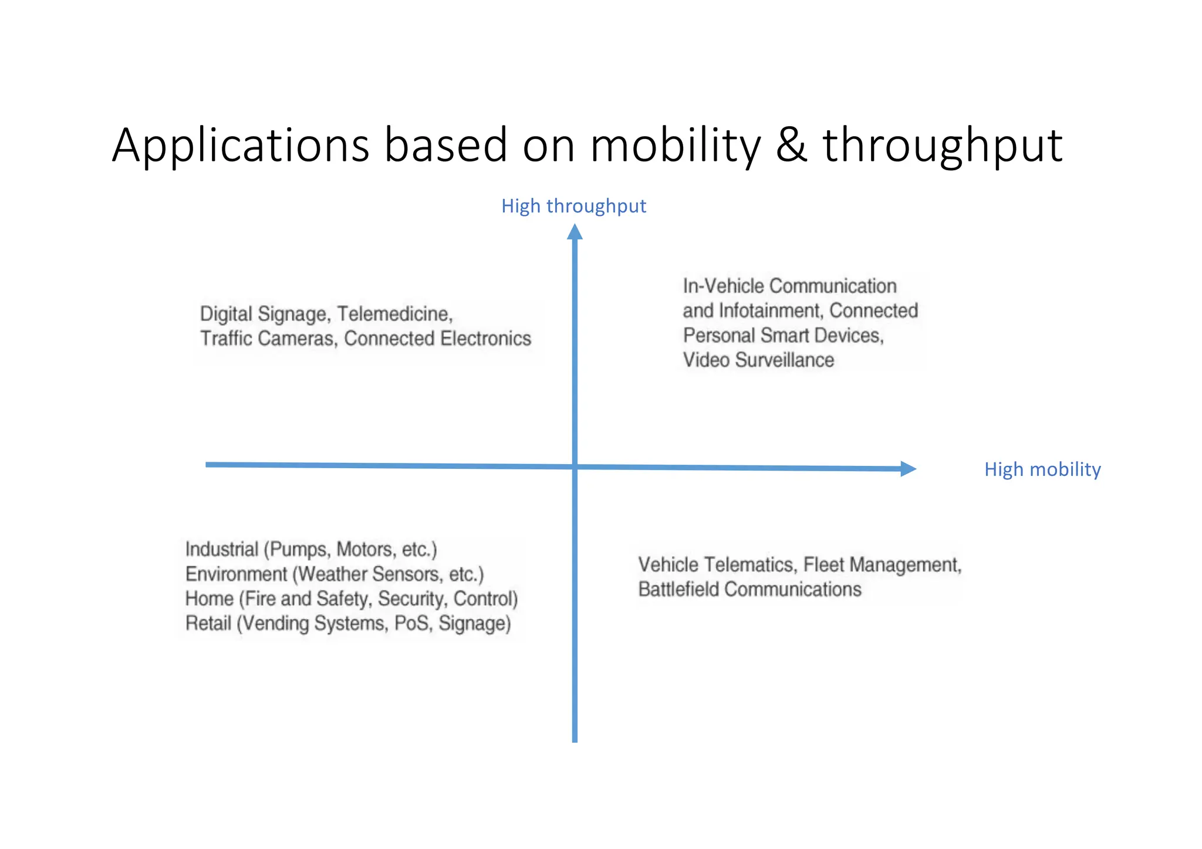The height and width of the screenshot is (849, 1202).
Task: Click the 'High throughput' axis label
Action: (x=573, y=206)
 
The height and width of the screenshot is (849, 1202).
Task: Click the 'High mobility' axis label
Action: (x=1042, y=469)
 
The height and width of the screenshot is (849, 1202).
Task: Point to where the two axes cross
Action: (x=575, y=467)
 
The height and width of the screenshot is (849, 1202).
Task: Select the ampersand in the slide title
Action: (x=791, y=146)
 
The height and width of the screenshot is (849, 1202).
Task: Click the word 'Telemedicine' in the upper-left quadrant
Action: (x=394, y=314)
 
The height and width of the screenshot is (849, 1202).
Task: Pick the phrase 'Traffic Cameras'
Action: (x=267, y=339)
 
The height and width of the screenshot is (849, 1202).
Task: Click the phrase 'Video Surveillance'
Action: (x=758, y=360)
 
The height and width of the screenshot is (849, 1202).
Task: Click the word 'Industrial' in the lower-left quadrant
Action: (x=222, y=549)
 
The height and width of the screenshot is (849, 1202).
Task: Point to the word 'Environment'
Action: (x=236, y=574)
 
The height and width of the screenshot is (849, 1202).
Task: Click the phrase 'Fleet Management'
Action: (x=882, y=564)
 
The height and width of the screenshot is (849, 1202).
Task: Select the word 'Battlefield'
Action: (x=678, y=589)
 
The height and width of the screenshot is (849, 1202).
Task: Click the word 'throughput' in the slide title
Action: (x=942, y=146)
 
